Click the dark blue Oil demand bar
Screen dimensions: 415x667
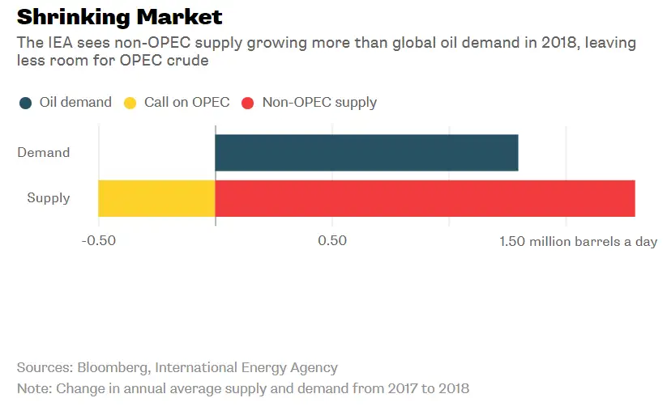pyautogui.click(x=366, y=153)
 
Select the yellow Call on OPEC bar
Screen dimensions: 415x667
pyautogui.click(x=156, y=198)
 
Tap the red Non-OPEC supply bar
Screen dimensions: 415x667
pyautogui.click(x=425, y=198)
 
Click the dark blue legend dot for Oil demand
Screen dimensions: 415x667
pyautogui.click(x=26, y=103)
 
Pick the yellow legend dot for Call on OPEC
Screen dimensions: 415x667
pyautogui.click(x=130, y=103)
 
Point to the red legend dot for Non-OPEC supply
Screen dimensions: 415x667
pyautogui.click(x=248, y=103)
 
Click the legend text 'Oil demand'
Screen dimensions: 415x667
pyautogui.click(x=75, y=103)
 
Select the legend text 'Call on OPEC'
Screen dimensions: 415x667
pyautogui.click(x=186, y=103)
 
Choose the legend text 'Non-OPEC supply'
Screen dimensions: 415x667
pyautogui.click(x=319, y=103)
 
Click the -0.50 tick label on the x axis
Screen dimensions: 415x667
pyautogui.click(x=99, y=241)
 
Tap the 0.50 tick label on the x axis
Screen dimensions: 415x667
pyautogui.click(x=332, y=241)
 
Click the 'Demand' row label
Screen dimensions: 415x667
pyautogui.click(x=44, y=153)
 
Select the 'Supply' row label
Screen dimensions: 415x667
pyautogui.click(x=49, y=198)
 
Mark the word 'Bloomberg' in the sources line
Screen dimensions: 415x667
pyautogui.click(x=109, y=367)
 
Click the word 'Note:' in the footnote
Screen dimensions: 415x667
pyautogui.click(x=34, y=388)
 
